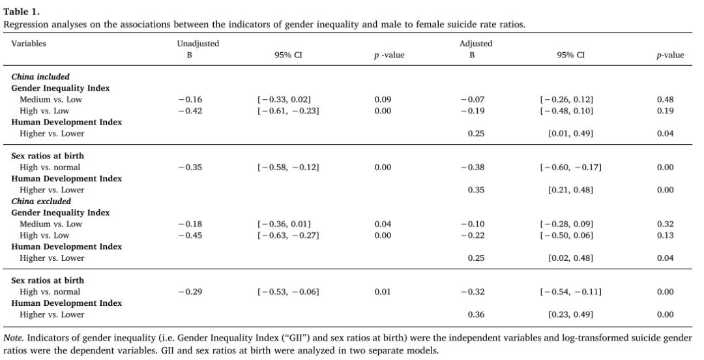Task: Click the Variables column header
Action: (29, 44)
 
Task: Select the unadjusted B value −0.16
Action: (190, 100)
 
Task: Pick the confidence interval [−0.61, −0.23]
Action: (287, 111)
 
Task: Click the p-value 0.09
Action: (383, 100)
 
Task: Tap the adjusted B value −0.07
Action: (472, 100)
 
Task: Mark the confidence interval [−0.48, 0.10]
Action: (566, 111)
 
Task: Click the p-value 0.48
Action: (666, 100)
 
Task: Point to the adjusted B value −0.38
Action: (472, 168)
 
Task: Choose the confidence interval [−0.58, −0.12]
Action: (287, 168)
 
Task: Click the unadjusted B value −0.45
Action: (190, 235)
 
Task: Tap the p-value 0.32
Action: (666, 224)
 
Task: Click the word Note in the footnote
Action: (13, 338)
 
